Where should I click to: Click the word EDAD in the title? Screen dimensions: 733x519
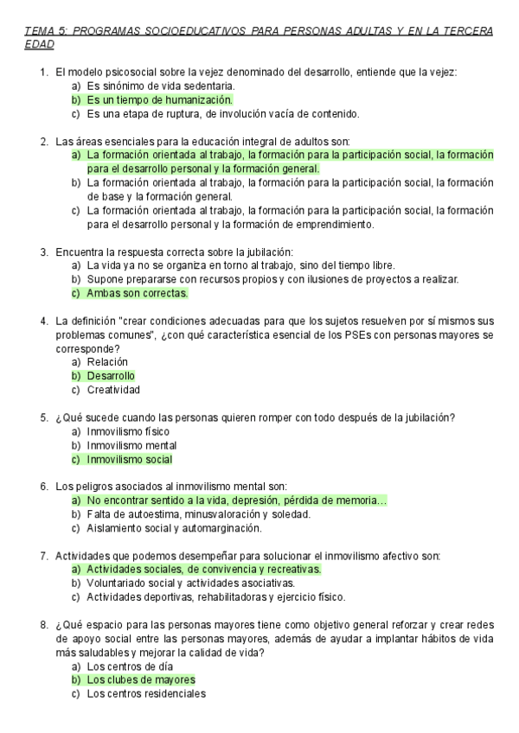39,44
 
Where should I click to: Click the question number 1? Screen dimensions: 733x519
43,73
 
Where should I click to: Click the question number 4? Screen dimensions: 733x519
43,321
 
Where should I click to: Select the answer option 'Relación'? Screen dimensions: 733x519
107,362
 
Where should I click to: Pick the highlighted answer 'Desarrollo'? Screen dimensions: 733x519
111,376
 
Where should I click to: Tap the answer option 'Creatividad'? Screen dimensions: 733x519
113,390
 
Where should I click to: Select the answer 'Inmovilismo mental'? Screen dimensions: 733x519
131,445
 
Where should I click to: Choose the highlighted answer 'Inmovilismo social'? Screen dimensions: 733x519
130,459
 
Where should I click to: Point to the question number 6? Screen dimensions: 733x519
43,487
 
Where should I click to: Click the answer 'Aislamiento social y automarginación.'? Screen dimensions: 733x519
174,528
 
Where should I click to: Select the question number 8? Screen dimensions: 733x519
43,625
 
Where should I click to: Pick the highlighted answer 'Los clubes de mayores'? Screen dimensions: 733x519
141,680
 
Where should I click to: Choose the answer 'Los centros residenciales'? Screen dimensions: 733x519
146,694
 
